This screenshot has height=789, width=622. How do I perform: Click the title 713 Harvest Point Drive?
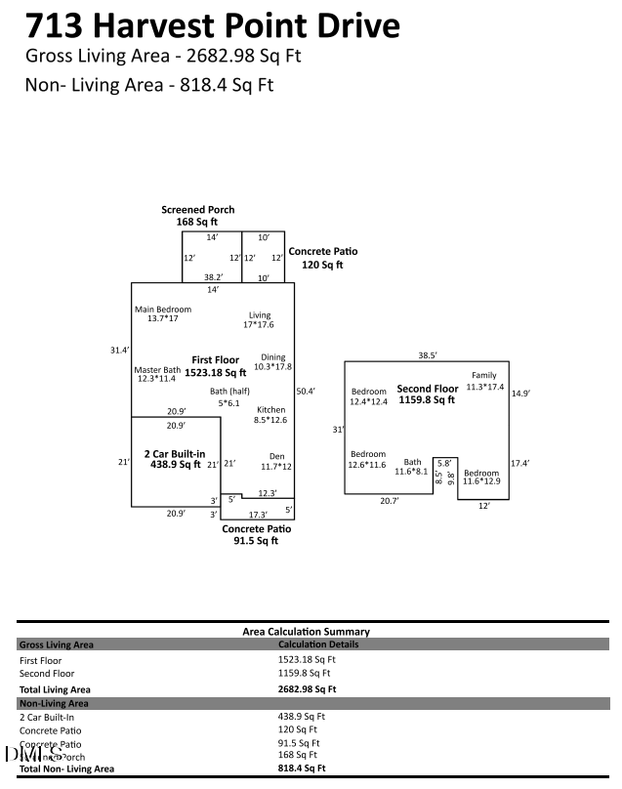[x=212, y=24]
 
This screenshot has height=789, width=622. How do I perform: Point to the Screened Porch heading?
[x=198, y=210]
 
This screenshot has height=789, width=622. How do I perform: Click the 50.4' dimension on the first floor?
[x=306, y=392]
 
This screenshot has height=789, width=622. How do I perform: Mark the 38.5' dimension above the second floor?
[x=428, y=355]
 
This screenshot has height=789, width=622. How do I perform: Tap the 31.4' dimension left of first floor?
[x=120, y=350]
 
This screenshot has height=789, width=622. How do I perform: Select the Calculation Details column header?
[x=318, y=644]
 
